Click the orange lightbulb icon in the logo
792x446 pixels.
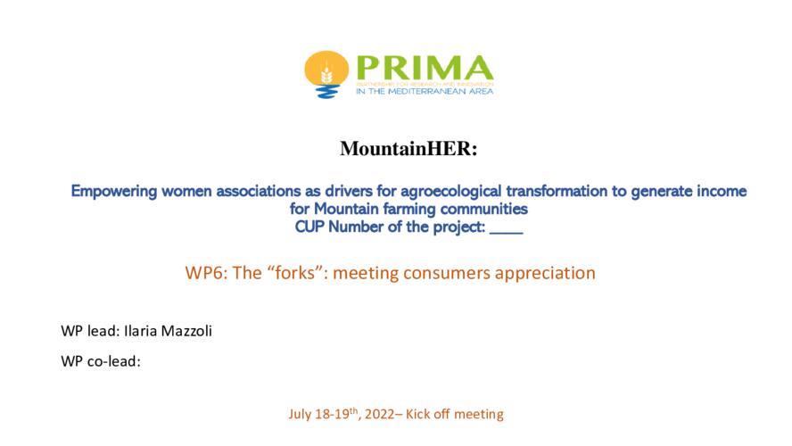coord(326,74)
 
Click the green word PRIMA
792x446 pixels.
coord(425,68)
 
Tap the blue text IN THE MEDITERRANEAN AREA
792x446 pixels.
coord(425,91)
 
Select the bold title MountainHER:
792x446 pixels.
coord(408,148)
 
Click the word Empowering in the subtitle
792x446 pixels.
coord(114,192)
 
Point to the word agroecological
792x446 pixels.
coord(451,192)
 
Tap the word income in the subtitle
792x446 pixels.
coord(722,192)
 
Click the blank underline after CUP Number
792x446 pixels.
coord(506,234)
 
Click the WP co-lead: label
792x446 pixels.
coord(101,361)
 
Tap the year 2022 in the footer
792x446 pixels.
coord(379,414)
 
